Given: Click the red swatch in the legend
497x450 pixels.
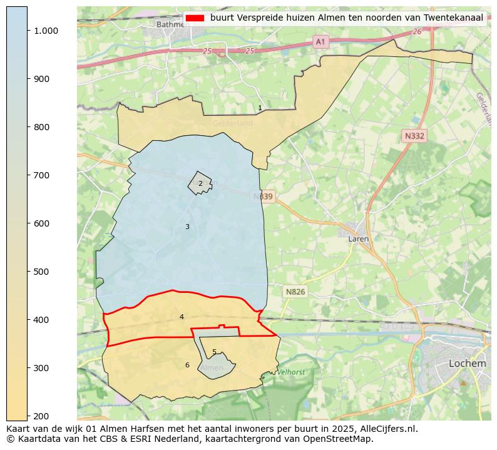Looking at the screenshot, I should [x=195, y=18].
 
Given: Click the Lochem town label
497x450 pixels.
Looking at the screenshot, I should [x=467, y=364].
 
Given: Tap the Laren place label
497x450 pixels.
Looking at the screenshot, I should [x=358, y=238].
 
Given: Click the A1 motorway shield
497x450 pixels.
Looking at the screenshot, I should [x=320, y=41].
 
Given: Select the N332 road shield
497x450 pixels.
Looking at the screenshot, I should [x=414, y=135].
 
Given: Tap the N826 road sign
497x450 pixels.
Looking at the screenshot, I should [x=295, y=292].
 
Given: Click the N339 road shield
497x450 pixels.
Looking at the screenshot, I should [x=264, y=197].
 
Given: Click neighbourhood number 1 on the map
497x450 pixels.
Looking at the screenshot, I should [x=260, y=108].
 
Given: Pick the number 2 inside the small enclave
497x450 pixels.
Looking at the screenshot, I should [x=200, y=184].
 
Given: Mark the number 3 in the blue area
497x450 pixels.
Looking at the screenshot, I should [x=187, y=227].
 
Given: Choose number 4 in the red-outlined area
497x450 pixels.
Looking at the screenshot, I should [x=182, y=317].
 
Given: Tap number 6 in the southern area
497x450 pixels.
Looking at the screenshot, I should [x=187, y=366].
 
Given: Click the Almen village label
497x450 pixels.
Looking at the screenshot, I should [x=212, y=368].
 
